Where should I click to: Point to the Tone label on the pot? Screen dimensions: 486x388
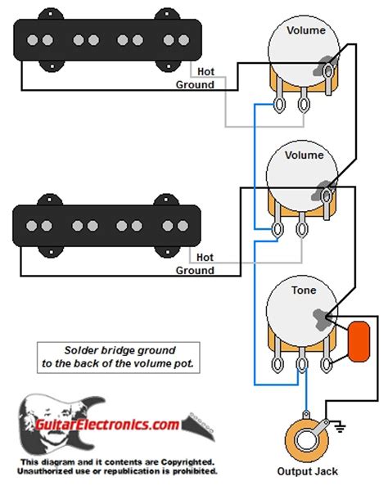click(304, 290)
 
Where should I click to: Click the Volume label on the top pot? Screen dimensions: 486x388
click(305, 30)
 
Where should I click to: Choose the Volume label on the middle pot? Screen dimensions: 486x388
click(305, 155)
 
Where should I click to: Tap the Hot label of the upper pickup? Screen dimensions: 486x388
click(206, 72)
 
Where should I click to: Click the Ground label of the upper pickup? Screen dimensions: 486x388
click(195, 84)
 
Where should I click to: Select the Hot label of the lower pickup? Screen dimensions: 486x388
click(206, 257)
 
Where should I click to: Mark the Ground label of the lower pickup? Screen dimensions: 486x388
click(195, 270)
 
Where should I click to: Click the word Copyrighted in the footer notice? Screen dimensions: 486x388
click(187, 461)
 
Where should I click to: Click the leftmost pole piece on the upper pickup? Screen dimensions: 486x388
click(35, 39)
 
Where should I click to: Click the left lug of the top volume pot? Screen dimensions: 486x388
click(282, 105)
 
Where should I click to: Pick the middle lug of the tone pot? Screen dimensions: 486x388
click(305, 365)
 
